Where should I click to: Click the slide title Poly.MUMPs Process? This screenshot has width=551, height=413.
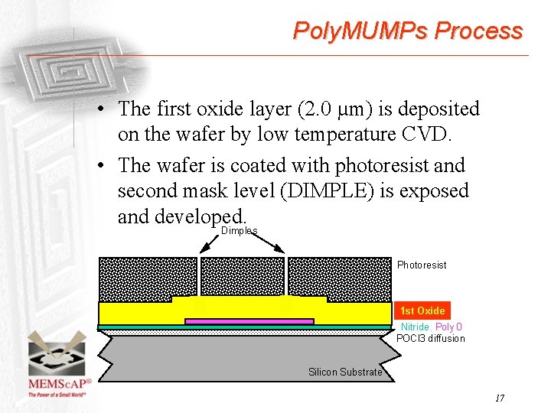pyautogui.click(x=407, y=31)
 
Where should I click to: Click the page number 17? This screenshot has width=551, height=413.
pyautogui.click(x=500, y=398)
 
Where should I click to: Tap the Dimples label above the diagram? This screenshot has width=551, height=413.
pyautogui.click(x=239, y=230)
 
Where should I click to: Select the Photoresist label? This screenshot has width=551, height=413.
pyautogui.click(x=421, y=265)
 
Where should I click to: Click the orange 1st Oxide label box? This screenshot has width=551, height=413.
pyautogui.click(x=422, y=311)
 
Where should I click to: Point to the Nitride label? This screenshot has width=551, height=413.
pyautogui.click(x=415, y=327)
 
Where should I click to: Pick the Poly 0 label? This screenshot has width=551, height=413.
pyautogui.click(x=448, y=327)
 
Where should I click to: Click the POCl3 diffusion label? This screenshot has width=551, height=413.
pyautogui.click(x=430, y=339)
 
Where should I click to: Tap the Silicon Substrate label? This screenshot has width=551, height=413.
pyautogui.click(x=344, y=372)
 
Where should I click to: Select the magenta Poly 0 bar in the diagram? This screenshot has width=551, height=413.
pyautogui.click(x=249, y=321)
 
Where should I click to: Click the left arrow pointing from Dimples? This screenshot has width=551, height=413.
pyautogui.click(x=207, y=244)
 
